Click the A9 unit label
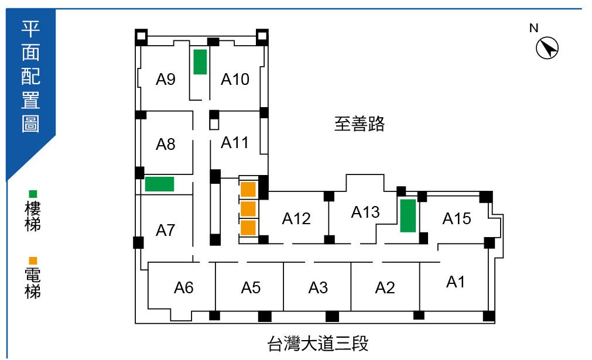tap(166, 79)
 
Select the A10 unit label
tap(235, 79)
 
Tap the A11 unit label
tap(235, 142)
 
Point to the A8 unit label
tap(166, 144)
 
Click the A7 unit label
tap(166, 231)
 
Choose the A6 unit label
tap(184, 287)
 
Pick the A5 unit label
tap(251, 287)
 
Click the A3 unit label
tap(318, 287)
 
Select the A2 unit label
tap(385, 287)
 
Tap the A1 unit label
tap(456, 282)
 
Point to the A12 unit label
tap(296, 218)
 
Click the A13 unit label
tap(365, 212)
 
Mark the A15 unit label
tap(457, 218)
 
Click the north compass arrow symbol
tap(547, 48)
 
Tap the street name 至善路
tap(360, 124)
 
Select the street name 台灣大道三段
tap(318, 343)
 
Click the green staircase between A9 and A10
tap(200, 61)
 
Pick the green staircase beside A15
tap(408, 215)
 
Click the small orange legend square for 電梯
tap(33, 261)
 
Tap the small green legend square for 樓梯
tap(33, 194)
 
